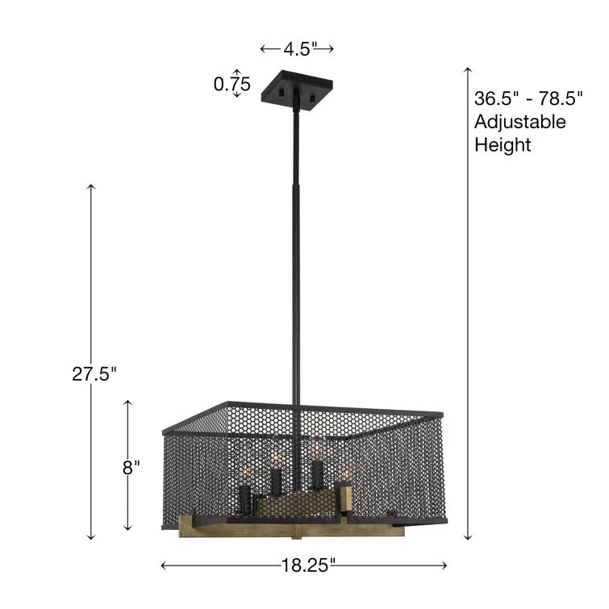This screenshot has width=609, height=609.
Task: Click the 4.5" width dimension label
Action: click(297, 49)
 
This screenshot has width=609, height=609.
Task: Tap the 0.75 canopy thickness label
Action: click(232, 84)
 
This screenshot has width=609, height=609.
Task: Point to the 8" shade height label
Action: click(131, 465)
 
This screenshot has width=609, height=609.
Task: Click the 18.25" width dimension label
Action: click(305, 565)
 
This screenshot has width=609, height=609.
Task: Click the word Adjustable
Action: click(519, 122)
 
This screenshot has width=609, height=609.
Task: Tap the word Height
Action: click(503, 145)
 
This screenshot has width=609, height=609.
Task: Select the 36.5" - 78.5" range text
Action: click(528, 99)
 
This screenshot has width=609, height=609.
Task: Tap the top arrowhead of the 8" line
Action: click(127, 401)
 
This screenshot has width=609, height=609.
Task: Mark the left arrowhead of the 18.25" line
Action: click(164, 565)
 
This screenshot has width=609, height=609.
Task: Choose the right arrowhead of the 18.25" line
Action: click(445, 565)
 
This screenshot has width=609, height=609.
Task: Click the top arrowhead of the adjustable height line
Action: click(467, 69)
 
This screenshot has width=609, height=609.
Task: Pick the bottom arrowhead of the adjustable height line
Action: click(467, 537)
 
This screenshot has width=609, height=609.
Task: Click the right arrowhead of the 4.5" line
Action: click(331, 49)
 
